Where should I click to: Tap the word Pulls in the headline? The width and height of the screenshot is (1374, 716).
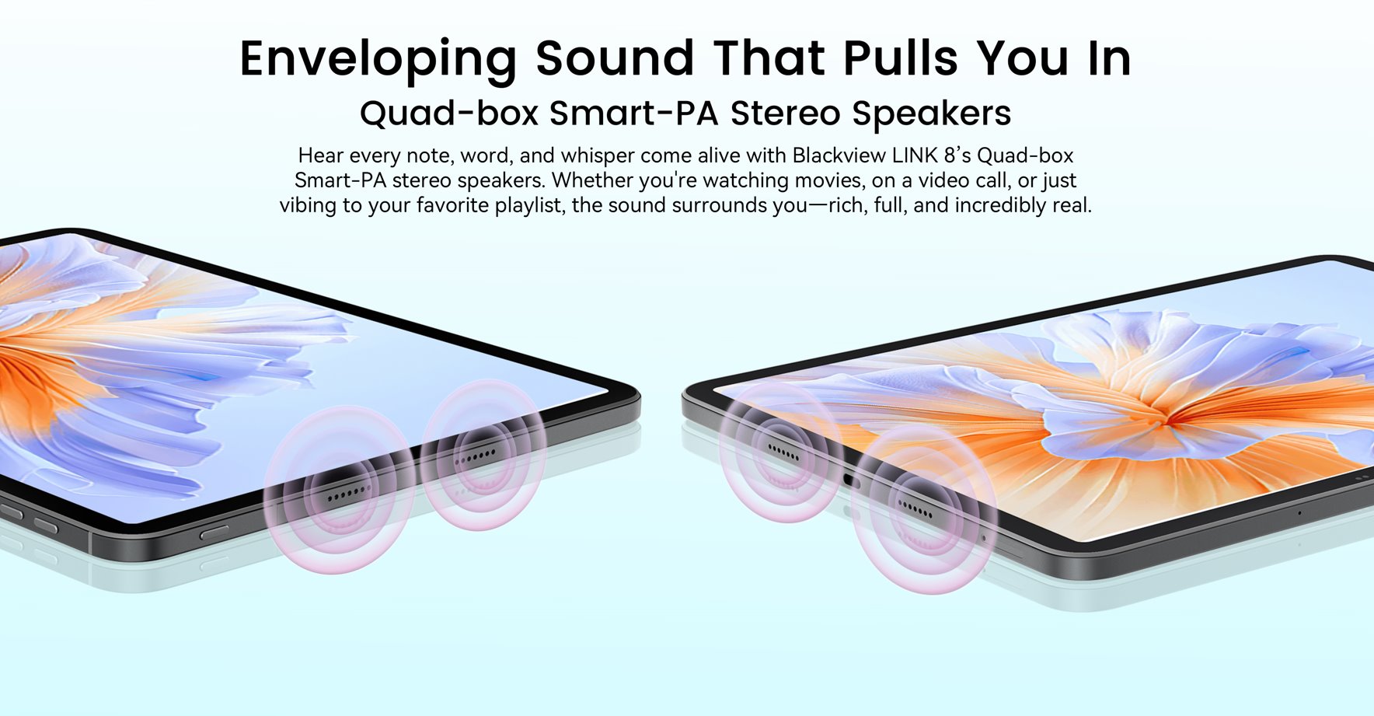tap(900, 58)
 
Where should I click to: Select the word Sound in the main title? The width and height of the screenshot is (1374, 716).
tap(615, 58)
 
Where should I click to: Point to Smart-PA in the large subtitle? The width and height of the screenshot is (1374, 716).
tap(633, 114)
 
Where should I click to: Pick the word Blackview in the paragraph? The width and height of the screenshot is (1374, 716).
tap(839, 155)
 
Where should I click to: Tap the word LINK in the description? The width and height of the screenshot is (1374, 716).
tap(915, 155)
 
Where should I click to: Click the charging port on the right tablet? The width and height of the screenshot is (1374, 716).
tap(851, 480)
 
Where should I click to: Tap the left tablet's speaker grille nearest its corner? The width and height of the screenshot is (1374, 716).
tap(475, 456)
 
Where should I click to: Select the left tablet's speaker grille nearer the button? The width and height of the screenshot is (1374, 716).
tap(348, 494)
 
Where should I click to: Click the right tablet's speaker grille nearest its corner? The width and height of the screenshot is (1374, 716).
tap(783, 452)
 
